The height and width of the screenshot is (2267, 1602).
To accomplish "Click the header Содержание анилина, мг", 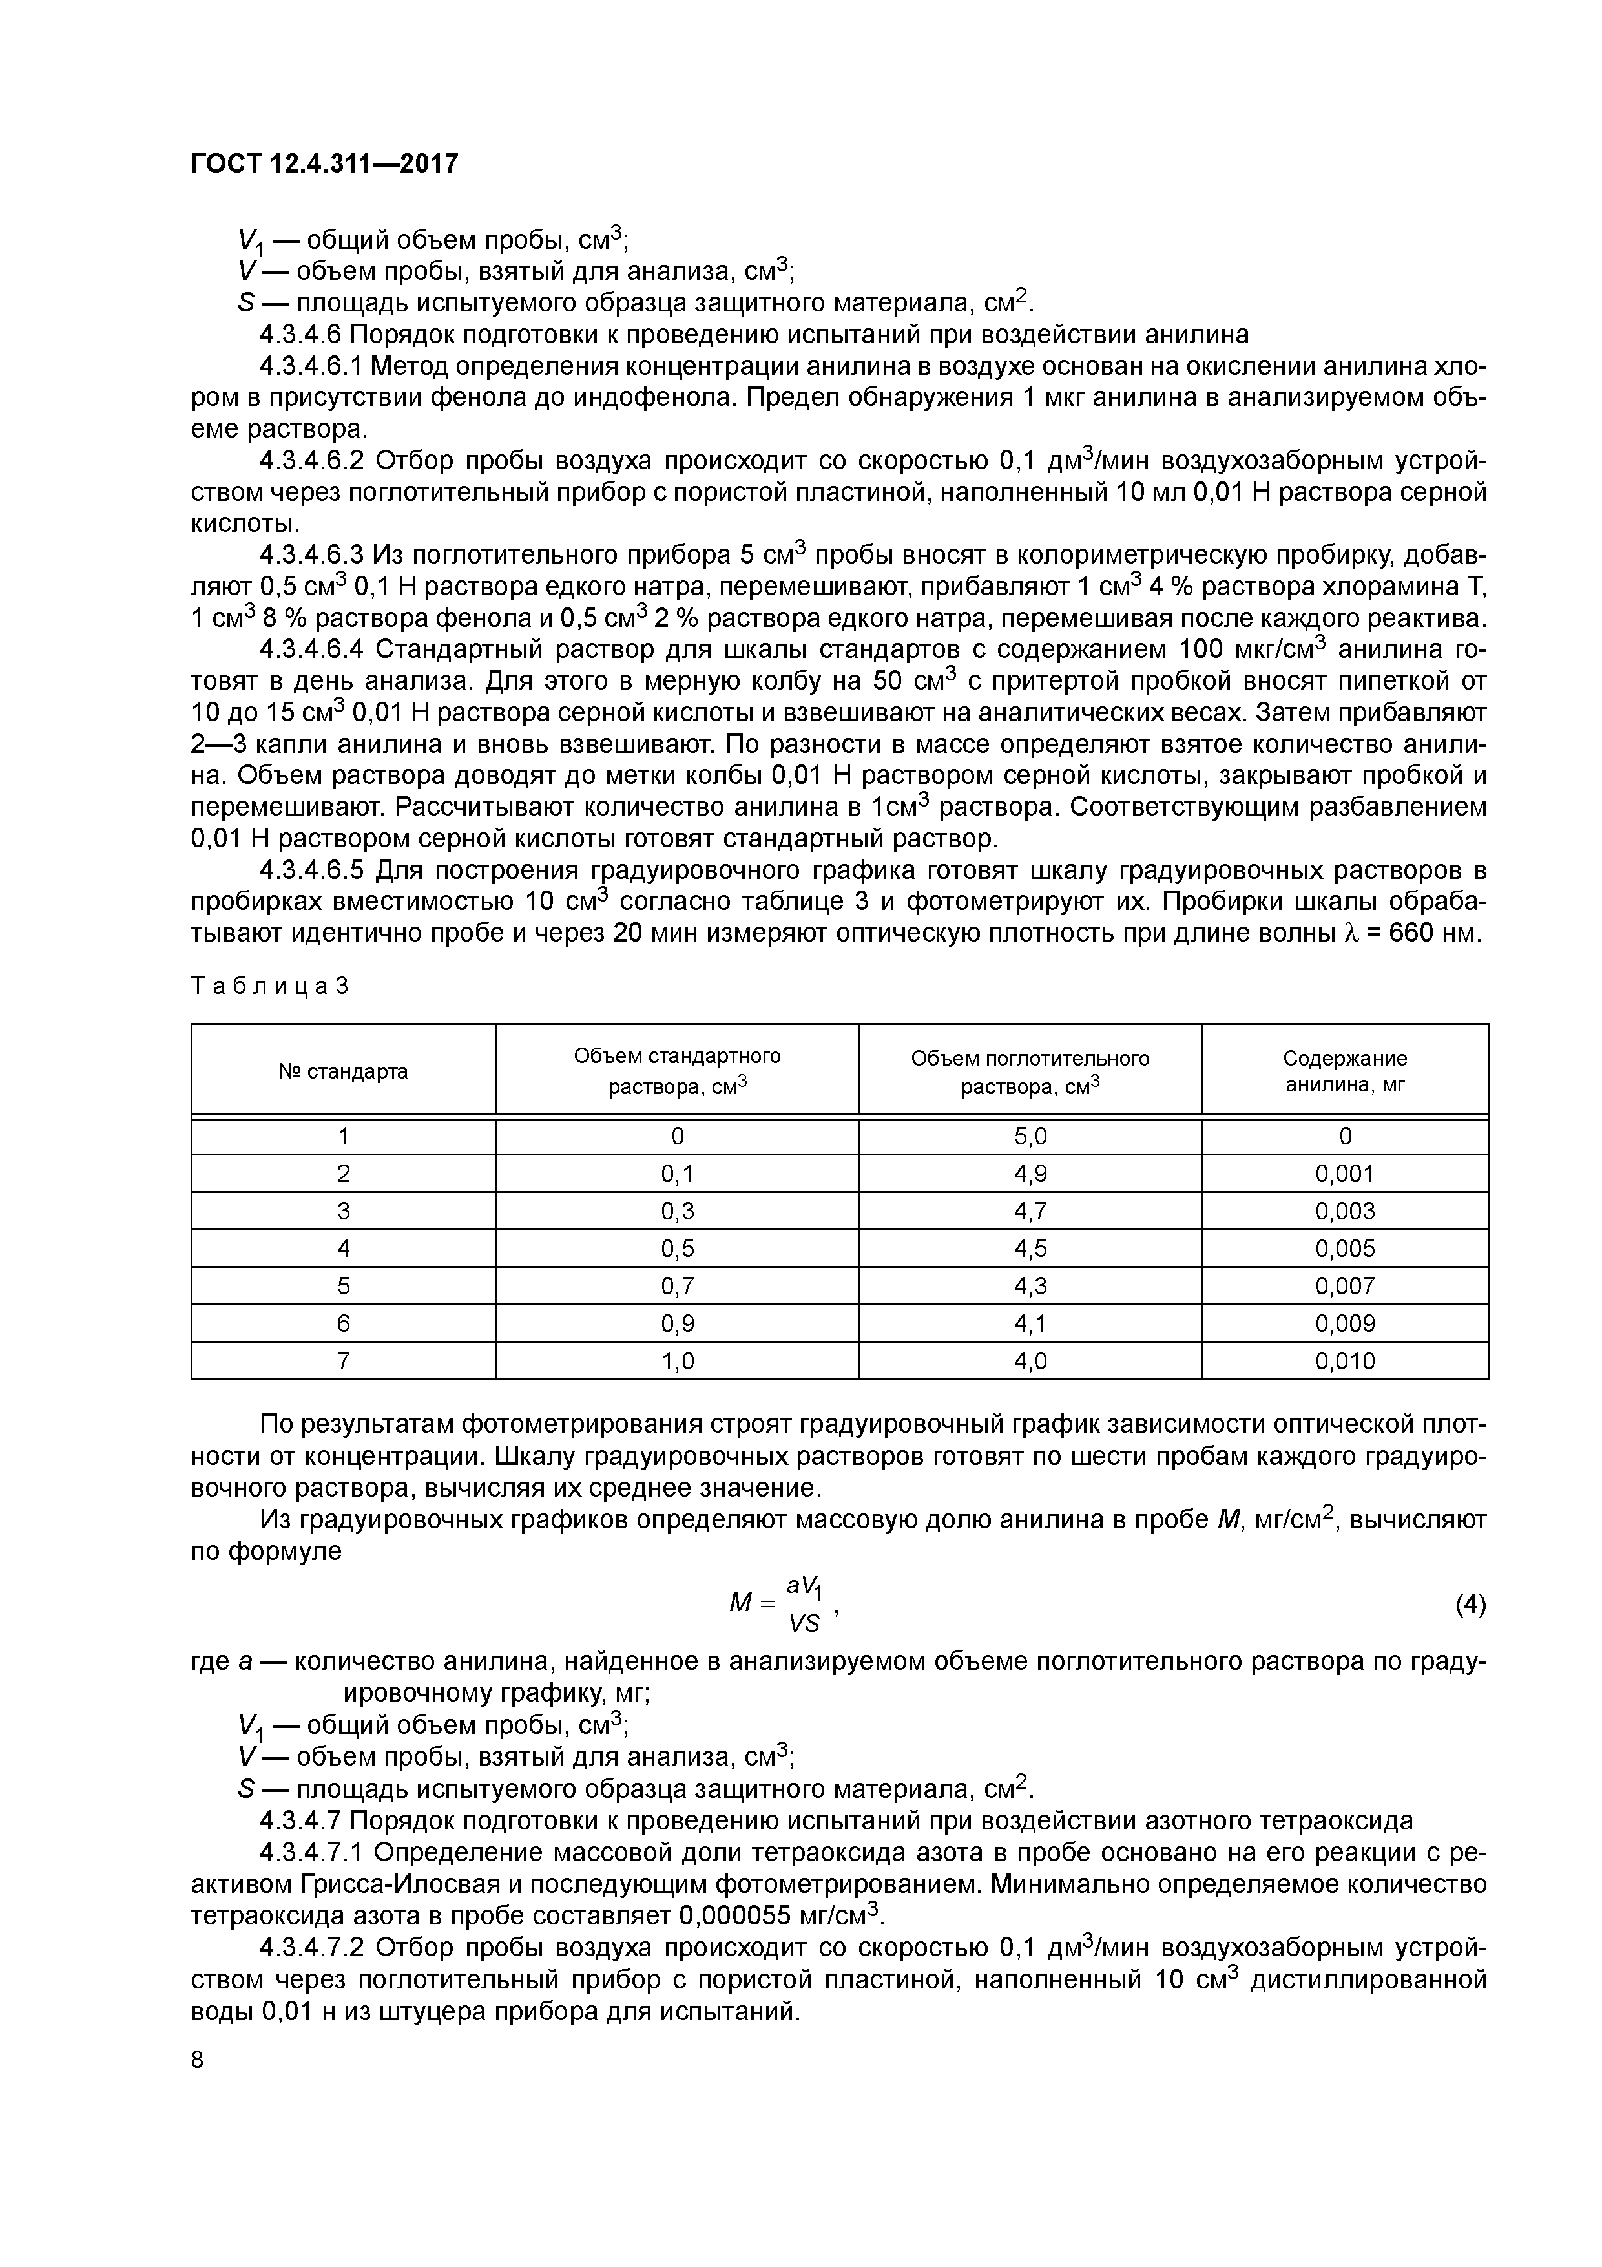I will pos(1344,1071).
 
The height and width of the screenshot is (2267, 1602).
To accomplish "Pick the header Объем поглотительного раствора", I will pos(1030,1071).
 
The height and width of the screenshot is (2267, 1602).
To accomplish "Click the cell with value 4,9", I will pos(1030,1174).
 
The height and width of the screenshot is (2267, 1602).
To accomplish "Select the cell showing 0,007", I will pos(1344,1287).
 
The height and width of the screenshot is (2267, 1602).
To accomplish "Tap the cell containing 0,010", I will pos(1344,1362).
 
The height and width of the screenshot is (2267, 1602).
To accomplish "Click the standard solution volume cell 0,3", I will pos(677,1212).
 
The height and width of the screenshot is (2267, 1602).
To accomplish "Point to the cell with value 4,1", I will pos(1030,1324).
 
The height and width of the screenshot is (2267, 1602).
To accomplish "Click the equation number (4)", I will pos(1470,1605).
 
